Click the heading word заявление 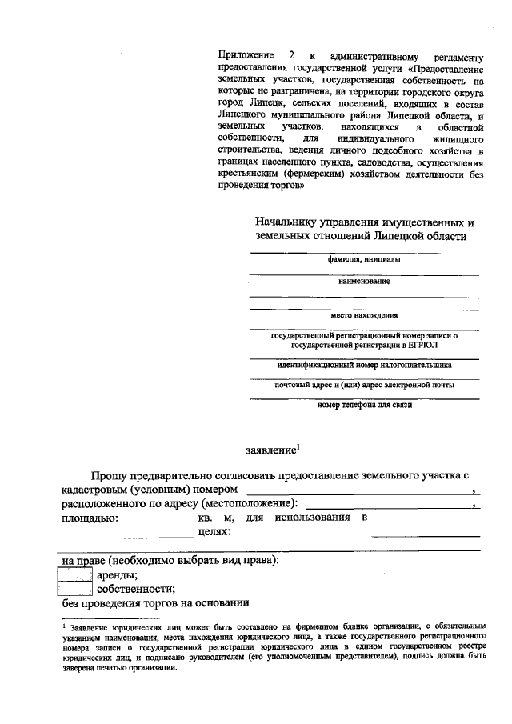pos(269,450)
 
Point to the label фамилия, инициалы pos(364,260)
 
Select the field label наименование pos(364,282)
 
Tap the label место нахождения pos(364,315)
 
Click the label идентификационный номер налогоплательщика pos(364,364)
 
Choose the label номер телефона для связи pos(364,405)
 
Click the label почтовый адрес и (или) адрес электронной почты pos(364,385)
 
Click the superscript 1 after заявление pos(298,446)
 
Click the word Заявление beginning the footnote pos(89,629)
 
